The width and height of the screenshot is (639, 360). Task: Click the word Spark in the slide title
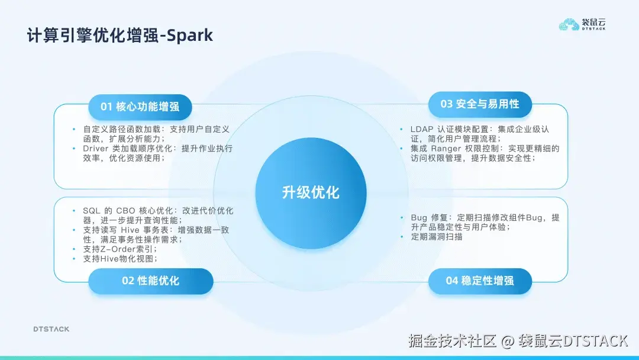(x=189, y=36)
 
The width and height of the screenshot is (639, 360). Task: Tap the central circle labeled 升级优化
(x=311, y=192)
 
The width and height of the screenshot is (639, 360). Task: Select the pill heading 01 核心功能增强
(x=140, y=107)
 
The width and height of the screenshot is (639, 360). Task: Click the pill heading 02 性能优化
(x=150, y=281)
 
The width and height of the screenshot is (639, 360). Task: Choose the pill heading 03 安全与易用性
(x=480, y=104)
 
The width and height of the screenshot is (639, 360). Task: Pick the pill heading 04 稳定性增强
(x=480, y=281)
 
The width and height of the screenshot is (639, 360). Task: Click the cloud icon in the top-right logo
(x=570, y=25)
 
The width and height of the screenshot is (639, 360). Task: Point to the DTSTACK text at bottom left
(x=51, y=329)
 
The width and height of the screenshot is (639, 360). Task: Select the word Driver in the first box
(x=96, y=149)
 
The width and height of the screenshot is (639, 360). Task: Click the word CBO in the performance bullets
(x=125, y=211)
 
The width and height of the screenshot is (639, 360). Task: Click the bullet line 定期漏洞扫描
(x=437, y=237)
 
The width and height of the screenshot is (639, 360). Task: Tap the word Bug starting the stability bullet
(x=419, y=218)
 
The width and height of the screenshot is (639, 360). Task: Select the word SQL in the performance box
(x=92, y=211)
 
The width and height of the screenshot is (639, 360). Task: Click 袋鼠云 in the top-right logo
(x=594, y=22)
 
